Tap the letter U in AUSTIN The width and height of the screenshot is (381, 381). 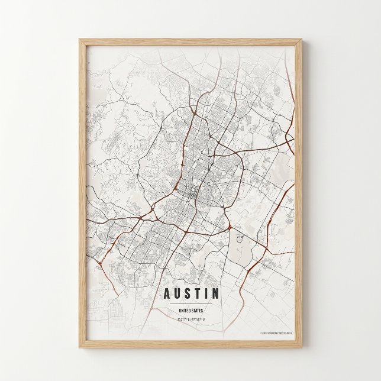176,293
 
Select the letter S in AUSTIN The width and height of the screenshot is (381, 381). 188,293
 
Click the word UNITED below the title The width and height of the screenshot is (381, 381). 183,310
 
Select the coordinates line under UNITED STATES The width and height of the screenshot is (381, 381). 190,318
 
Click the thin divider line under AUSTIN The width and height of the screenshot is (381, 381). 190,303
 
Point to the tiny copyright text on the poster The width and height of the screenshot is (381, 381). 276,333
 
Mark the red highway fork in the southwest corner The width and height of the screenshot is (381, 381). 101,260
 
